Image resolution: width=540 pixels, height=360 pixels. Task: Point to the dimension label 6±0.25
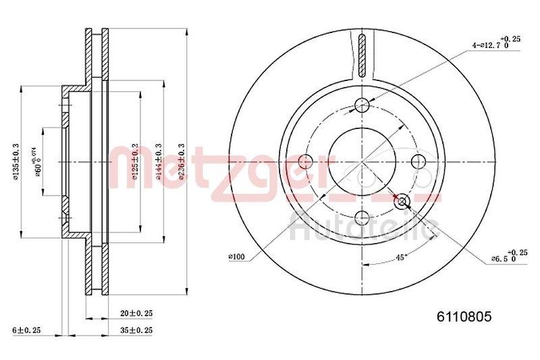27,330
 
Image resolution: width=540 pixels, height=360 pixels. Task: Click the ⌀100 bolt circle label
236,256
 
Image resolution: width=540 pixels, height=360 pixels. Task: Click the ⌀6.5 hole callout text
504,257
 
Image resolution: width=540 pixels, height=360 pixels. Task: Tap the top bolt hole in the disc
362,105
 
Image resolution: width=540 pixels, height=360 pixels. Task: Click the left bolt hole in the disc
305,161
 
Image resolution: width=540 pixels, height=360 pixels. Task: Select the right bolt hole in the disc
418,161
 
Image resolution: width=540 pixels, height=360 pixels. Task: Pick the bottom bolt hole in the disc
362,217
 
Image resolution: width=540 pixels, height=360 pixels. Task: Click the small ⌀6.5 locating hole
403,201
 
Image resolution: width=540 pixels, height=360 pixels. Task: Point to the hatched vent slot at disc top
362,54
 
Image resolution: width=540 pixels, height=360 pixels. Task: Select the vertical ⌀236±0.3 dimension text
180,161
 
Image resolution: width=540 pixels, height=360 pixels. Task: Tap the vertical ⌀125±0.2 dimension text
135,161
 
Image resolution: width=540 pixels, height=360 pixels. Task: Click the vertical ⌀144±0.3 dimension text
158,161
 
